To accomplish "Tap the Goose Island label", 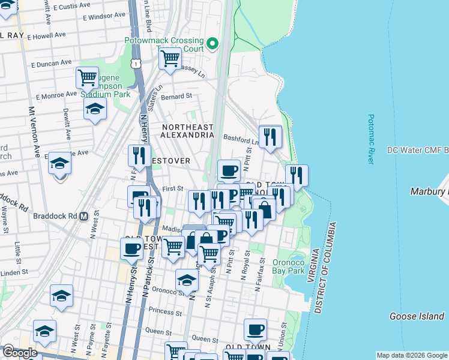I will (417, 316).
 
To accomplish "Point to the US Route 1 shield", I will (137, 63).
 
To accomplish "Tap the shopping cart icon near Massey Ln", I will (170, 59).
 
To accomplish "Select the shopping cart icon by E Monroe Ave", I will (88, 77).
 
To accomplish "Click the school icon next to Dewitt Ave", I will (95, 110).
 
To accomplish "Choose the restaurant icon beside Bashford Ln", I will (270, 136).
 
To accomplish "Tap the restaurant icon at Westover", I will (139, 155).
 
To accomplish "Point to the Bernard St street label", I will (176, 96).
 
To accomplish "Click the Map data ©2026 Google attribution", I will (412, 355).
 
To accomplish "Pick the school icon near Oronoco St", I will (187, 280).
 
